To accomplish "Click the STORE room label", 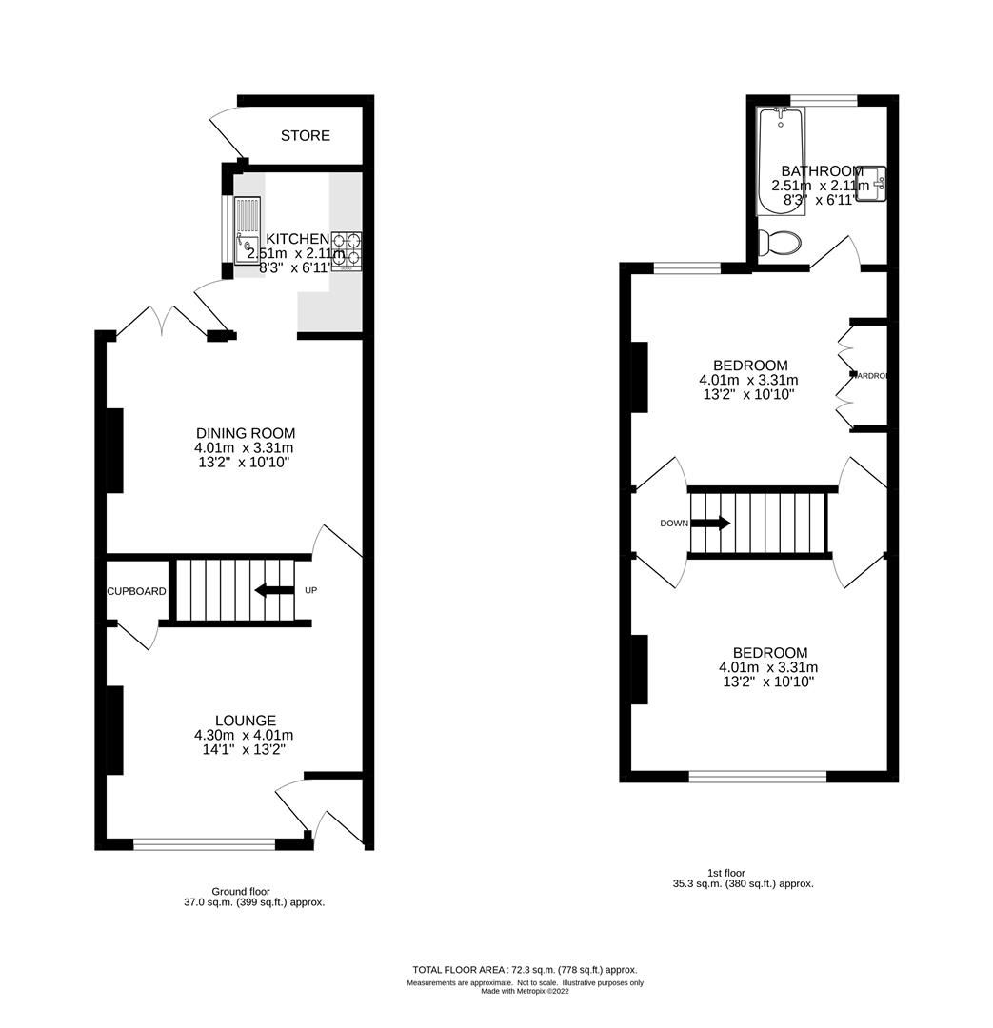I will pos(306,136).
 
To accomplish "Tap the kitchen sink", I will pos(247,227).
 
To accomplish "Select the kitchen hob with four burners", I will pos(347,249).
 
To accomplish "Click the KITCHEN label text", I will pos(297,238).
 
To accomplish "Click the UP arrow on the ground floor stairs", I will pos(274,590).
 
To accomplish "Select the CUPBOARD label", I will pos(136,591).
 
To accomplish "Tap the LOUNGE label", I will pos(246,721).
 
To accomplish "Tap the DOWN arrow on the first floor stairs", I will pos(710,523).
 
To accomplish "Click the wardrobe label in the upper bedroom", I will pos(870,376).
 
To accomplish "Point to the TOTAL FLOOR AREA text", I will pos(525,969).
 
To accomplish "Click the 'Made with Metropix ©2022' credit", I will pos(525,991).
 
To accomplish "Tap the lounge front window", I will pos(205,842).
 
